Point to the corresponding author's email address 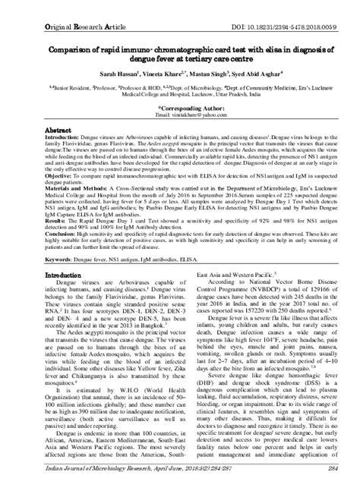click(181, 115)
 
